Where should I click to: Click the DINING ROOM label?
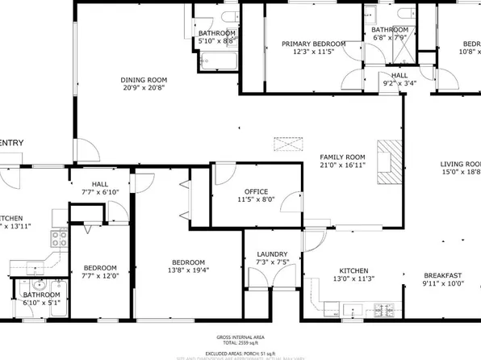coord(144,79)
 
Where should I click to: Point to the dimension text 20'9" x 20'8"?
coord(144,87)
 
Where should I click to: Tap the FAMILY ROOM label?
coord(342,157)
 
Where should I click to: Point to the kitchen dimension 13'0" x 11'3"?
coord(353,279)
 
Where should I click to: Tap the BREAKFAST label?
coord(441,274)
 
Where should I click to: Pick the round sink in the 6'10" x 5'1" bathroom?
coord(39,285)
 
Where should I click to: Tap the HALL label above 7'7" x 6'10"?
coord(101,183)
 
